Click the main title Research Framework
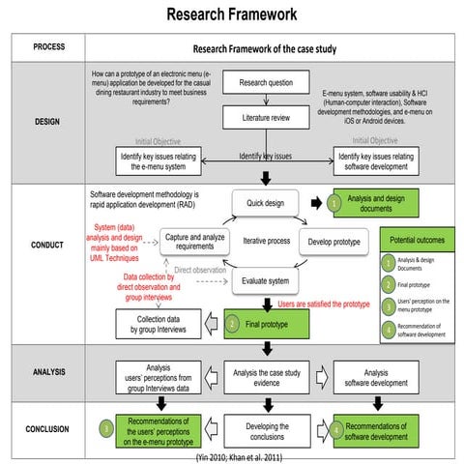pyautogui.click(x=231, y=14)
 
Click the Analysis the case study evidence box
pyautogui.click(x=268, y=374)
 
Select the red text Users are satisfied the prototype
pyautogui.click(x=324, y=304)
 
